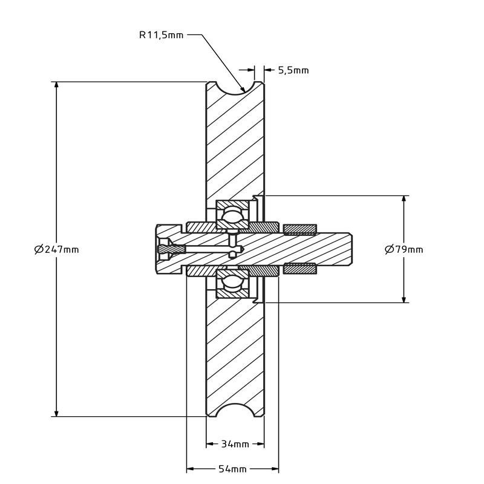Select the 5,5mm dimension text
tap(293, 70)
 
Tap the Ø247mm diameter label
tap(57, 249)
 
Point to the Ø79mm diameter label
tap(404, 249)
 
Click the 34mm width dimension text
tap(235, 445)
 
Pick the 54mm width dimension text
tap(232, 469)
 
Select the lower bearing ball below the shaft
tap(232, 282)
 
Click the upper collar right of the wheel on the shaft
tap(299, 229)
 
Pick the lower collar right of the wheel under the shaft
tap(299, 269)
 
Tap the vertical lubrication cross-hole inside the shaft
tap(232, 240)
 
